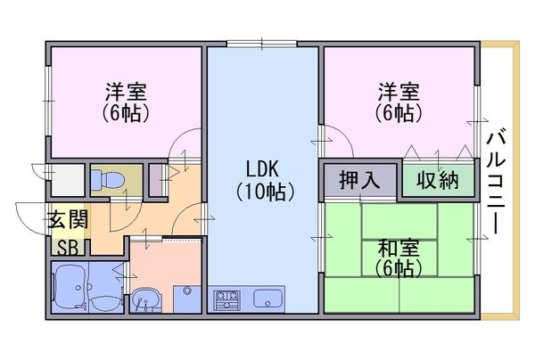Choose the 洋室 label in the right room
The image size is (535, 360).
click(x=398, y=92)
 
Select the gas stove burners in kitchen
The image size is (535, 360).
click(x=226, y=298)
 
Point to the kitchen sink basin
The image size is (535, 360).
click(x=267, y=298)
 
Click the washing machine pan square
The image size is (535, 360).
click(x=187, y=298)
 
